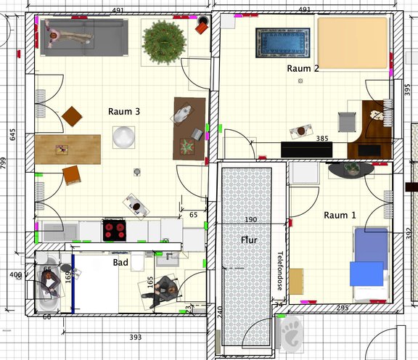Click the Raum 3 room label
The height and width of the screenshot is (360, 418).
coord(123,111)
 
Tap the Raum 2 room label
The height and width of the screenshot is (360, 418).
coord(303,68)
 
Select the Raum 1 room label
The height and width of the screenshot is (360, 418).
coord(340,215)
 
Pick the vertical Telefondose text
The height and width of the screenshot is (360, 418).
coord(281,271)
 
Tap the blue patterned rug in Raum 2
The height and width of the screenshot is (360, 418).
coord(282,42)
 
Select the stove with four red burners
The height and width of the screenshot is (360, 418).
coord(115,230)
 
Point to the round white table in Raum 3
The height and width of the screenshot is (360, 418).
coord(124,136)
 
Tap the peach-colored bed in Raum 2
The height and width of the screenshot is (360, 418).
coord(352,44)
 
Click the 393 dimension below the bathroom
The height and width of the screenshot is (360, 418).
coord(135,337)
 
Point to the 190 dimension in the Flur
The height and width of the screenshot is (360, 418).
coord(251,220)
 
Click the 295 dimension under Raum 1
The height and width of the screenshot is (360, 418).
coord(343,308)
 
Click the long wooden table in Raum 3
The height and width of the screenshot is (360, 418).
coord(67,149)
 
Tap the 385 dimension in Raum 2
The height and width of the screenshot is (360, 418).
coord(323,138)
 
